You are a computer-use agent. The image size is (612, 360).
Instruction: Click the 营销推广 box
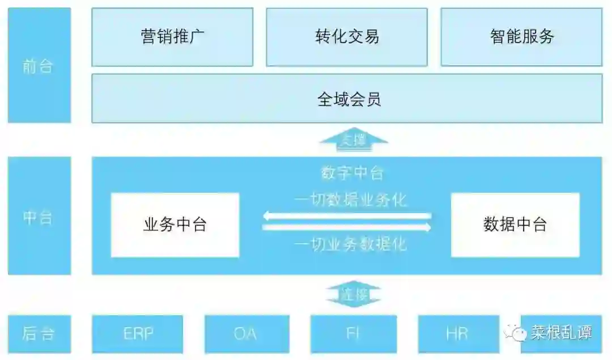(x=172, y=37)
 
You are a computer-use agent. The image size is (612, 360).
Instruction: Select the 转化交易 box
(x=347, y=37)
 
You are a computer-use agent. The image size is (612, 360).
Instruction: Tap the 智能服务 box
(x=521, y=37)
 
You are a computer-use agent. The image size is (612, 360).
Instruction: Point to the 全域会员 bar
(x=347, y=99)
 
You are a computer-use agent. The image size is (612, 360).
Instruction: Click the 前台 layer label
(x=39, y=65)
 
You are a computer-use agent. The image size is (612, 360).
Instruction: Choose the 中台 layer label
(x=39, y=216)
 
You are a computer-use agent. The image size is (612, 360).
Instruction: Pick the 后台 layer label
(x=39, y=333)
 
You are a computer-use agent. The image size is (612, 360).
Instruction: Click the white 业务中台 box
(x=175, y=225)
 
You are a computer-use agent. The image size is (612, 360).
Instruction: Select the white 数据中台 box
(x=515, y=225)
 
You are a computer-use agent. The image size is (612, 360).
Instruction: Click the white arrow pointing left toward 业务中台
(x=347, y=215)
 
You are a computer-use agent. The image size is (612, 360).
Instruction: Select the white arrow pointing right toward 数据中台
(x=347, y=227)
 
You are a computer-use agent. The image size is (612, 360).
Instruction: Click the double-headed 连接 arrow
(x=354, y=295)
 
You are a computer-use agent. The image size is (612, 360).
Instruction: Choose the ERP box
(x=138, y=333)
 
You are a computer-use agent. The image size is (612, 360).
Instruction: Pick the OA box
(x=245, y=333)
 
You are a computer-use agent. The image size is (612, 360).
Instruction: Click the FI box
(x=352, y=333)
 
